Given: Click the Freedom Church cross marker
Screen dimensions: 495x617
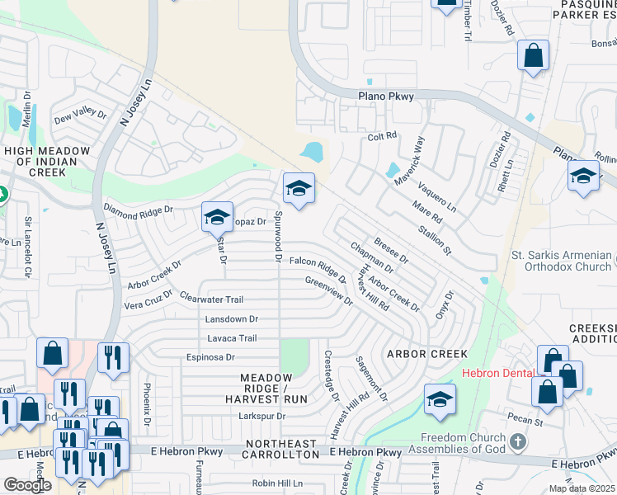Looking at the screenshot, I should [x=517, y=443].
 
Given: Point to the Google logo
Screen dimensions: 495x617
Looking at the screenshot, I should [x=27, y=484].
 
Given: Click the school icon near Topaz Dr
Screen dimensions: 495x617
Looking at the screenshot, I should [x=216, y=218].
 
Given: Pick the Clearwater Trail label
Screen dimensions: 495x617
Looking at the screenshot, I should [x=211, y=299].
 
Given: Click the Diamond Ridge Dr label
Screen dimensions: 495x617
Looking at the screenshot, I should [x=138, y=210].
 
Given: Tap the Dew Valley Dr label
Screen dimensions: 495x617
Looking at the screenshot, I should [x=81, y=118].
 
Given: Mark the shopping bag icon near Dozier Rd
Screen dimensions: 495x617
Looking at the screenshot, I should [x=534, y=55].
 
